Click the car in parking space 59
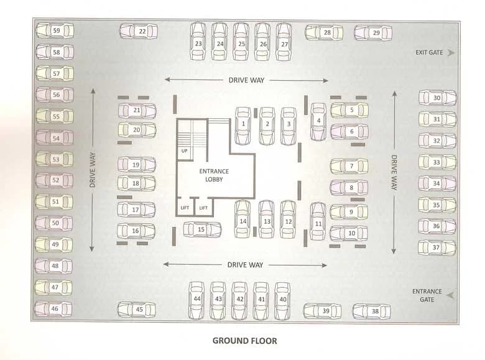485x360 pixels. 55,30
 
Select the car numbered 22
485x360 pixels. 139,31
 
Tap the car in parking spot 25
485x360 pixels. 241,42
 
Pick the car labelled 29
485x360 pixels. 373,33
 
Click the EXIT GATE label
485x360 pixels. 429,53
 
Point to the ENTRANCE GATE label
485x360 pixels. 427,295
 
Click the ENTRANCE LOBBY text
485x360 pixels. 214,175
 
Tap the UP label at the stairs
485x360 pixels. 184,151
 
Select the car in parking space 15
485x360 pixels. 202,229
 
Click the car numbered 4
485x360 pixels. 318,122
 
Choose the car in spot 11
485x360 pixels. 318,221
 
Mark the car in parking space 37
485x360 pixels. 437,247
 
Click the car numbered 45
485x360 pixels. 136,310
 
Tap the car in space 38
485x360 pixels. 371,311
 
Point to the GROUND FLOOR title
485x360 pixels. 244,341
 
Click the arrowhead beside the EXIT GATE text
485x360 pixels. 451,53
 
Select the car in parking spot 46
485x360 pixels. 53,309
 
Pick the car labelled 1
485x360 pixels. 242,126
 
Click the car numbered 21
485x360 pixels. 137,111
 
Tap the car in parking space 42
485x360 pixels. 239,301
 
